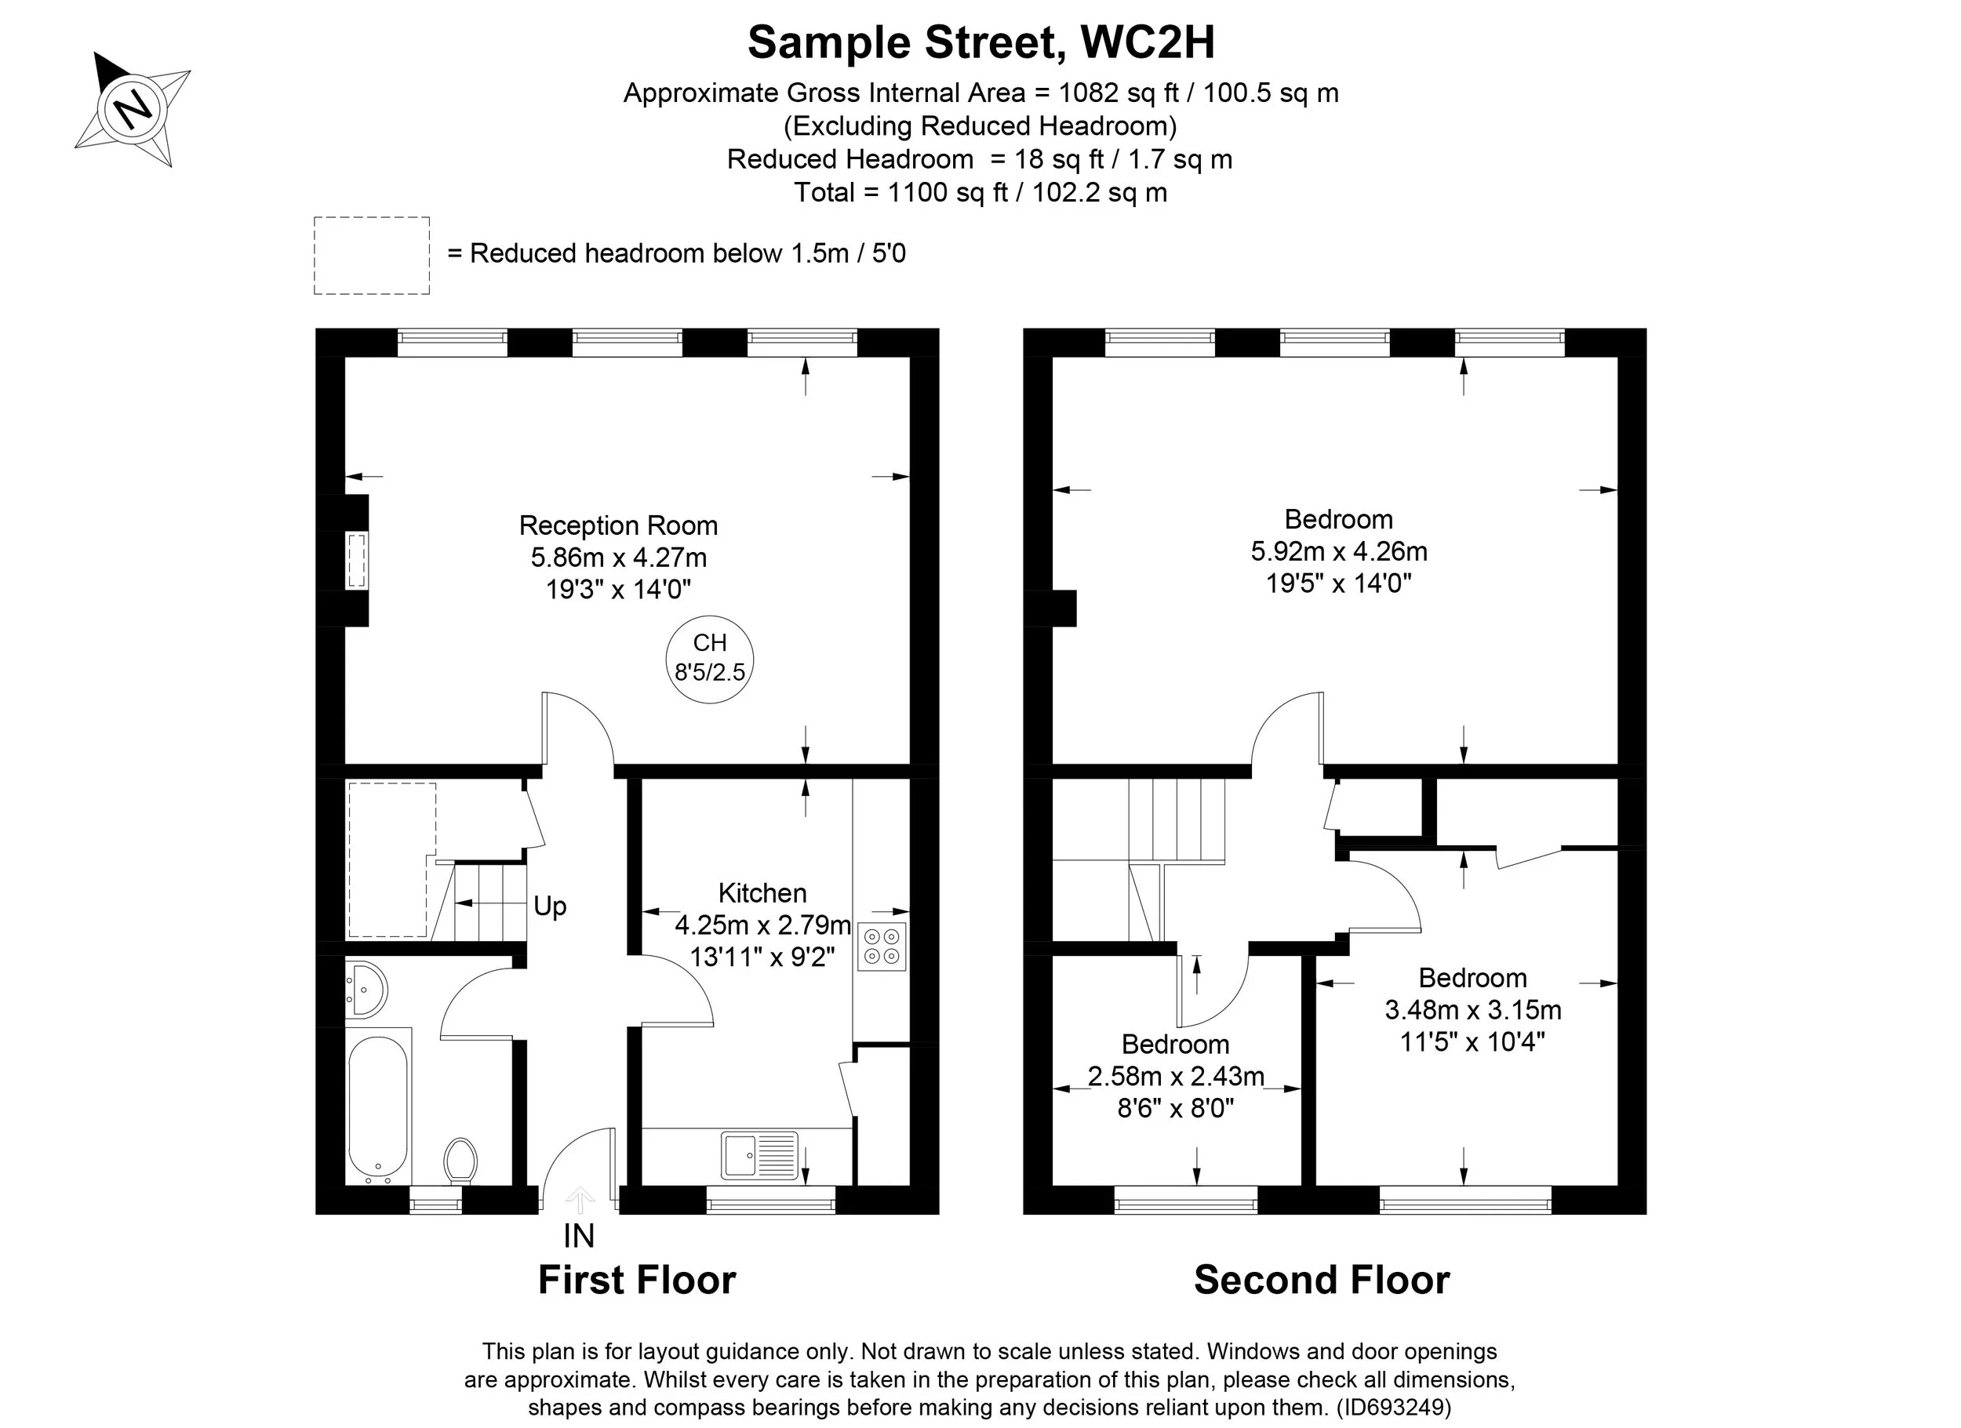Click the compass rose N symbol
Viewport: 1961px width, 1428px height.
133,109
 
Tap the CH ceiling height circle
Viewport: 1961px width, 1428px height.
710,659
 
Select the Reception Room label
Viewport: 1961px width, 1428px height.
618,525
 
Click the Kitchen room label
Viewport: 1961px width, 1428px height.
762,893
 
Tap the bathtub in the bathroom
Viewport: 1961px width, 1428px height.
378,1106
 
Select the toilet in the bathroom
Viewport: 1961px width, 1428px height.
460,1161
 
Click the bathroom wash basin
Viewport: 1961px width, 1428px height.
366,987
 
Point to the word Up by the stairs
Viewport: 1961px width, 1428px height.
550,906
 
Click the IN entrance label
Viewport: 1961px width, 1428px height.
578,1236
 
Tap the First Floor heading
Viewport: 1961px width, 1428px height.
636,1279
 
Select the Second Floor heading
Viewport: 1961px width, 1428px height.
1321,1279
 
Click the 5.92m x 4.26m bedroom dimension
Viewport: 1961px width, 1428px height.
1338,550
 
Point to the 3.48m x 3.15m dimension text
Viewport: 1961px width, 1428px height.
1472,1009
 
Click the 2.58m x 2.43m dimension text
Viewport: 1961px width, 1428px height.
1176,1076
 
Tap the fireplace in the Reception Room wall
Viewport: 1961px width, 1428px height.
355,561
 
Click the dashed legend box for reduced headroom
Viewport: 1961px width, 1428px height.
372,256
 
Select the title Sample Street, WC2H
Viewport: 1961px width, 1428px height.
981,42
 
